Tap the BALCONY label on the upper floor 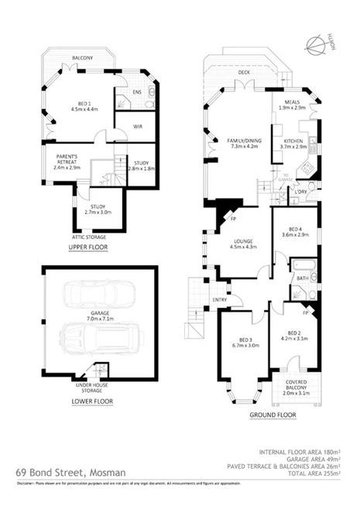83,59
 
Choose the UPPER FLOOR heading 87,248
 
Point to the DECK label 244,73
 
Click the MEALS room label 293,104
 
